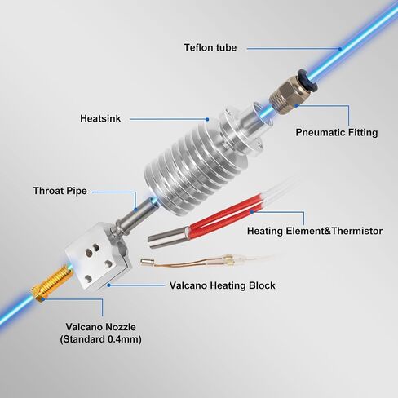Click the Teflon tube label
[210, 47]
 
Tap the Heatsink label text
[100, 118]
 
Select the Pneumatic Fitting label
[337, 132]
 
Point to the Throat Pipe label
[60, 191]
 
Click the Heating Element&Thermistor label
[315, 231]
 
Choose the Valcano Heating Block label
[222, 285]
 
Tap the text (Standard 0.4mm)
[100, 339]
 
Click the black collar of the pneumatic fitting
[307, 80]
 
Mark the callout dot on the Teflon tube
[339, 49]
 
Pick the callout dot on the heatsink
[207, 119]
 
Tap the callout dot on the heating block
[108, 285]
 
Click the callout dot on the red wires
[252, 211]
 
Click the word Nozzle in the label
[121, 327]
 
